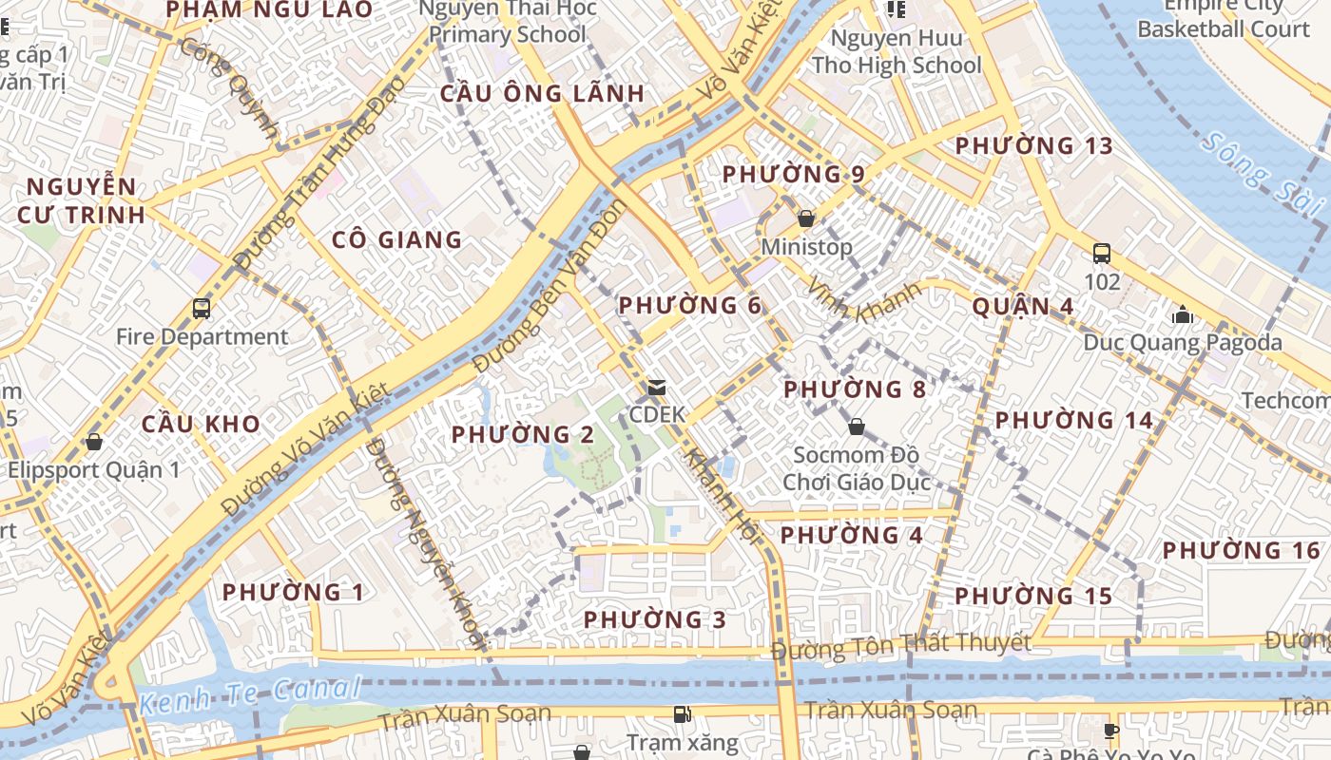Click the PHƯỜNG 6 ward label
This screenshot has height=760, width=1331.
pyautogui.click(x=690, y=306)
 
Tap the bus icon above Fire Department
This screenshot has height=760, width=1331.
pyautogui.click(x=202, y=309)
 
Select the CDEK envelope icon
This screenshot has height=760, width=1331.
pyautogui.click(x=656, y=388)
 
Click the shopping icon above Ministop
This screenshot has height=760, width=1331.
pyautogui.click(x=806, y=218)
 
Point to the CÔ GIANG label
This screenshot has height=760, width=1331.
pyautogui.click(x=396, y=240)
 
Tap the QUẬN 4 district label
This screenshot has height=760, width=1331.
pyautogui.click(x=1023, y=307)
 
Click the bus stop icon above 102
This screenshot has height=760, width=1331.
pyautogui.click(x=1102, y=254)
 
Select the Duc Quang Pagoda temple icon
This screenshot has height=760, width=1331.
pyautogui.click(x=1183, y=314)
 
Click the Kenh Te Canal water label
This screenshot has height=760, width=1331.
pyautogui.click(x=249, y=693)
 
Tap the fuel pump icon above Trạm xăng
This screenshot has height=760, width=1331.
pyautogui.click(x=682, y=713)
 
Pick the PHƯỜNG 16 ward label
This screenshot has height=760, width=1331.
pyautogui.click(x=1242, y=551)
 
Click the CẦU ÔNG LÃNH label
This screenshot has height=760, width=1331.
pyautogui.click(x=542, y=94)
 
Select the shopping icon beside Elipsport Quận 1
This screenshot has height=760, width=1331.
pyautogui.click(x=93, y=442)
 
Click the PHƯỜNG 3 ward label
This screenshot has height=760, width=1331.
pyautogui.click(x=654, y=620)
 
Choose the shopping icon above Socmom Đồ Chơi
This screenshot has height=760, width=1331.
pyautogui.click(x=856, y=427)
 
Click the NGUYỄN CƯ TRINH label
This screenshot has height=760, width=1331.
pyautogui.click(x=82, y=200)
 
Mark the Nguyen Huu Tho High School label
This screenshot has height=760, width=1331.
pyautogui.click(x=897, y=52)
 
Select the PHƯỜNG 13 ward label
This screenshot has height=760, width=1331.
pyautogui.click(x=1033, y=146)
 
